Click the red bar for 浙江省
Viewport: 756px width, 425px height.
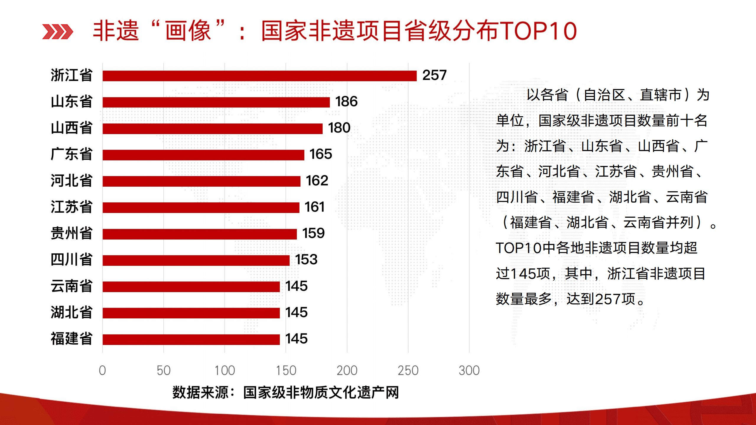pos(259,76)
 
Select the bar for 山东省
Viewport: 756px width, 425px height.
pos(216,102)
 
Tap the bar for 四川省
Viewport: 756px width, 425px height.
pos(196,260)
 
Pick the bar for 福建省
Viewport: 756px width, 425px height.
pos(191,339)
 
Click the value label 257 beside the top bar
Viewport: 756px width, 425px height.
pos(434,75)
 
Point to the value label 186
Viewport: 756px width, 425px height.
pos(346,102)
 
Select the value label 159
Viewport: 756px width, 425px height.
pos(313,233)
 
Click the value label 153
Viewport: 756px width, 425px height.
pos(306,260)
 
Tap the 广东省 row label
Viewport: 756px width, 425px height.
pos(71,154)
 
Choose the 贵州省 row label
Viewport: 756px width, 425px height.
pos(71,233)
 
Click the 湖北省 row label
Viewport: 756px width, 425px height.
pos(71,312)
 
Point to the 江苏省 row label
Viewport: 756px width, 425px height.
pos(71,207)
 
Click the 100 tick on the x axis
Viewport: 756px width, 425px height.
pos(225,370)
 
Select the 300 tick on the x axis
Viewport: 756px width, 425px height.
pos(469,370)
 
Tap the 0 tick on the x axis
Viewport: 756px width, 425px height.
pos(102,370)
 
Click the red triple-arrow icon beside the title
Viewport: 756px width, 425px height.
pos(58,32)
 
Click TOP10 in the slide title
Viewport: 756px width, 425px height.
pos(538,31)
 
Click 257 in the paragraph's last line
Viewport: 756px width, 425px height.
pos(608,299)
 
